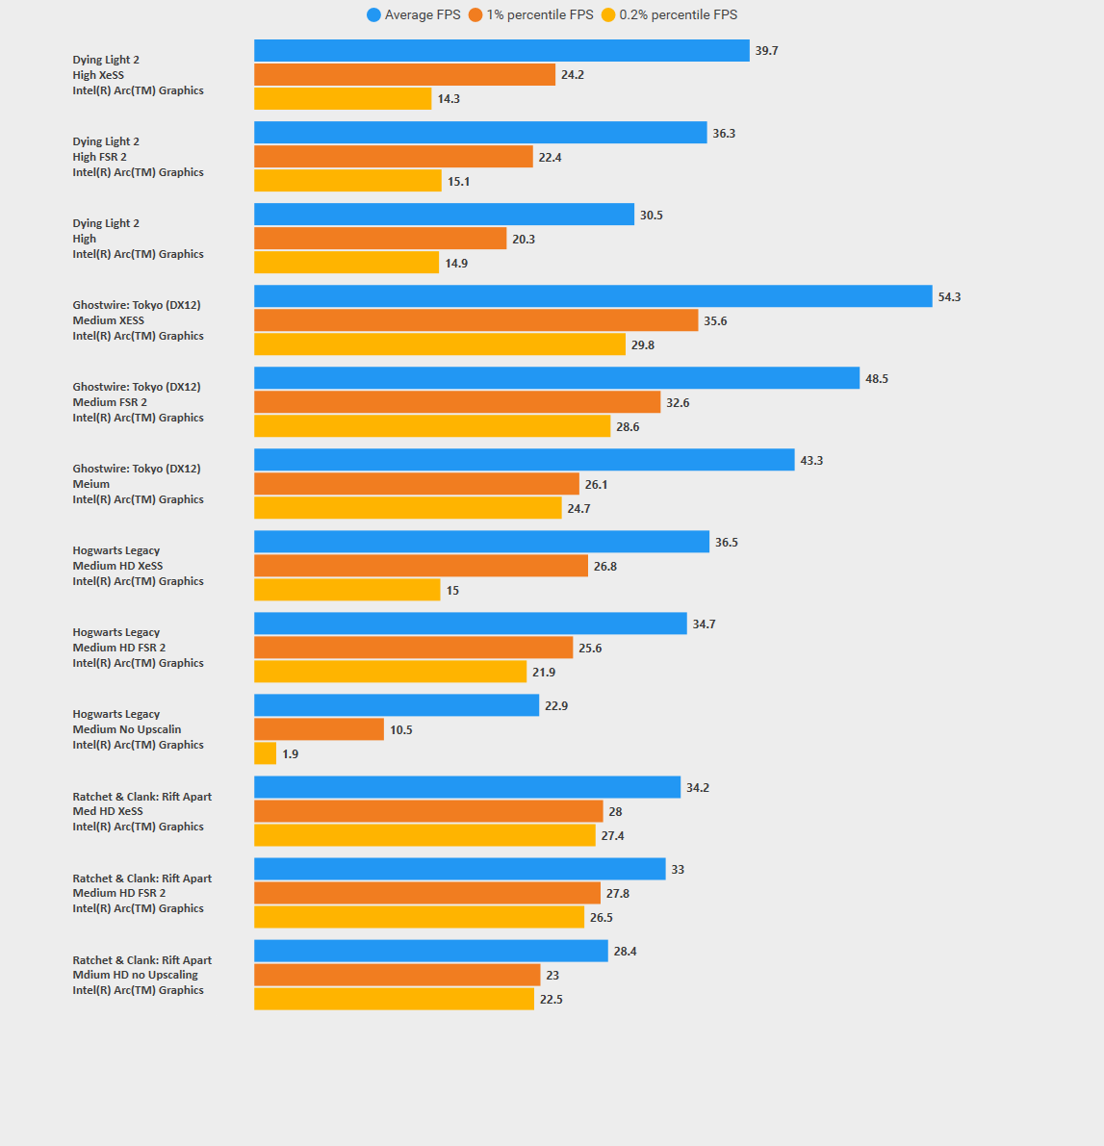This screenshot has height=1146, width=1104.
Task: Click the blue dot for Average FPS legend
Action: [373, 15]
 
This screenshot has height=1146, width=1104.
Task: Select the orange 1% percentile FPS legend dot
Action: [475, 15]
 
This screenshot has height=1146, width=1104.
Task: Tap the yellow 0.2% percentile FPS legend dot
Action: [608, 15]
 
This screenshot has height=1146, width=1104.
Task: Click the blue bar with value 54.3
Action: [593, 296]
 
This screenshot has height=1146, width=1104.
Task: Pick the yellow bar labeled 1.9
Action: [265, 753]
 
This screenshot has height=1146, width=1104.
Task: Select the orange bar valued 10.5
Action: [319, 729]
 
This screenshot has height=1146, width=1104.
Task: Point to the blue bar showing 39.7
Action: [501, 51]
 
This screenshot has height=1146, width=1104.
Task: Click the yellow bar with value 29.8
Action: [440, 344]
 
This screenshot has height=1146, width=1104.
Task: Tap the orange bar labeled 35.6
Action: [475, 320]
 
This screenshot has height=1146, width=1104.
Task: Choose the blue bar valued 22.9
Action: [397, 705]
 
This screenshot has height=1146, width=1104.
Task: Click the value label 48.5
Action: [877, 379]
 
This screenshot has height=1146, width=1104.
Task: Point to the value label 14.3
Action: [449, 99]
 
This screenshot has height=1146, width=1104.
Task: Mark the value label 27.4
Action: [612, 836]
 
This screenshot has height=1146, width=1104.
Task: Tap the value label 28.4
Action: [625, 952]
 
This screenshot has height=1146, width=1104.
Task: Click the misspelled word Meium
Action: [91, 484]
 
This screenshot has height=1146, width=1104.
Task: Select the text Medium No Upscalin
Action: [127, 729]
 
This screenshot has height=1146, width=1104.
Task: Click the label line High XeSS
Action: [98, 75]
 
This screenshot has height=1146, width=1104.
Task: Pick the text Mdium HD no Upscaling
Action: [135, 975]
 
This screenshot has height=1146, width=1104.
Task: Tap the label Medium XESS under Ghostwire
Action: [109, 320]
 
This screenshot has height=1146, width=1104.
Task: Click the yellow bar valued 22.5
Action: [394, 999]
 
